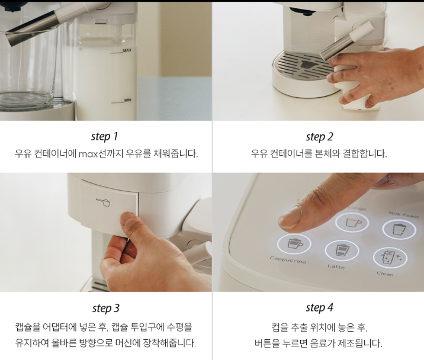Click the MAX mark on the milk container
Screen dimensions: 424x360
point(127,50)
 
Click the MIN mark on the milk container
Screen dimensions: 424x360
point(128,100)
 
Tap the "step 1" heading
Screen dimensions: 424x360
point(104,136)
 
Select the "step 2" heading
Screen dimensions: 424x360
point(319,137)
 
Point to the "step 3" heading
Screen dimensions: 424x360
point(106,308)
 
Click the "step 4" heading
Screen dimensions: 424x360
point(319,308)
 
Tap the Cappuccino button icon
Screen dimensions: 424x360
point(294,244)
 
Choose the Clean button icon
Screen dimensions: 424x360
point(390,258)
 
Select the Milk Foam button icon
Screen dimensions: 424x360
point(399,229)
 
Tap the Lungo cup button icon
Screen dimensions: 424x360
point(352,222)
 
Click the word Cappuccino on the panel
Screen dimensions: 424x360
point(288,260)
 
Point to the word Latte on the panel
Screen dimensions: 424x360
point(336,266)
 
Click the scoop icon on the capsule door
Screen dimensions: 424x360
point(103,202)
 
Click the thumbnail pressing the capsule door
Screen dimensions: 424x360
point(128,218)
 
